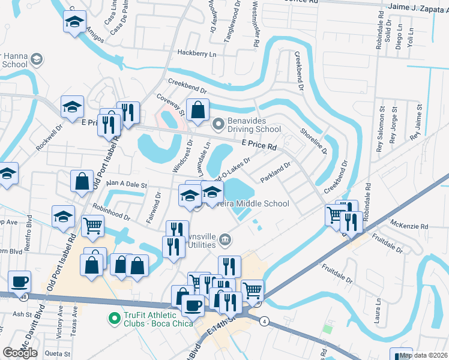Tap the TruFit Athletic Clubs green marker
coord(112,318)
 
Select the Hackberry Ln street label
coord(196,53)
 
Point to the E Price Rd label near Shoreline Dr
coord(259,145)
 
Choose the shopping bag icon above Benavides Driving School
coord(197,110)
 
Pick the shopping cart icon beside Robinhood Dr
coord(93,227)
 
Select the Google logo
coord(20,353)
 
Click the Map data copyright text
coord(423,355)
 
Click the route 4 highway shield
coord(264,321)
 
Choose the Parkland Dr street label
coord(275,172)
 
